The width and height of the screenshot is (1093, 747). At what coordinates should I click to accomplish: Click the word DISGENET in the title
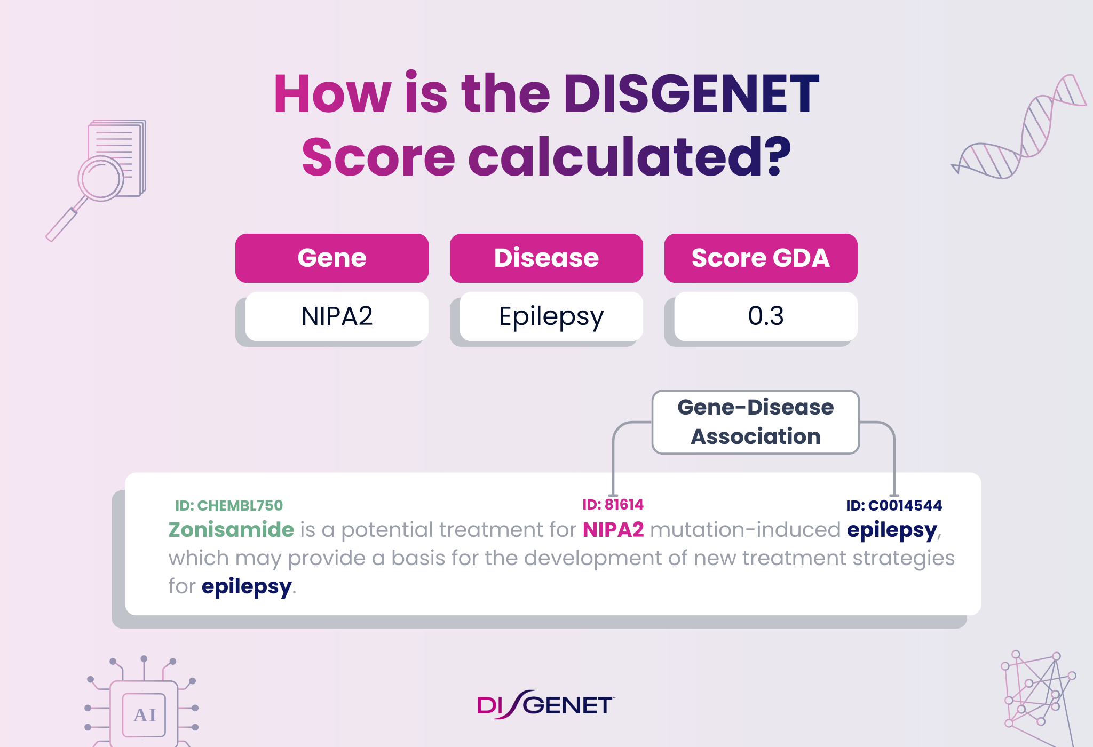pos(691,94)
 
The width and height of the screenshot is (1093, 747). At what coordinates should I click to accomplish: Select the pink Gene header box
pos(331,258)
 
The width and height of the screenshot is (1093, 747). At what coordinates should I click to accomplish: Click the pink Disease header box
pos(546,258)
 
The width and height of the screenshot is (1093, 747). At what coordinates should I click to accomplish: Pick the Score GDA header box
pos(761,258)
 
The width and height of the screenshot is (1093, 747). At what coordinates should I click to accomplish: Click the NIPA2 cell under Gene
pos(337,316)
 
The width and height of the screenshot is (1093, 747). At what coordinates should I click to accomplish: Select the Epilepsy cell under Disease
pos(551,316)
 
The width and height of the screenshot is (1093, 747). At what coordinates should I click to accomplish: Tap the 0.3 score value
pos(766,316)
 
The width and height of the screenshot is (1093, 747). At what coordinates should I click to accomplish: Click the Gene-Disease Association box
pos(755,422)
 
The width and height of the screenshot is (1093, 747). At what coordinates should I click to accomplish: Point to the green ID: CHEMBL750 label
pos(229,505)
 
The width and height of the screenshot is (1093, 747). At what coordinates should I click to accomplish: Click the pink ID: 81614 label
pos(613,505)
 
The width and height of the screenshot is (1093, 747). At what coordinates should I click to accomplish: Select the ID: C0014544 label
pos(894,505)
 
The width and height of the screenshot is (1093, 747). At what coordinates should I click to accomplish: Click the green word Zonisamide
pos(231,530)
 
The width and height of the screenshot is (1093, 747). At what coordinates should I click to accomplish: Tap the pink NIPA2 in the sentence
pos(613,530)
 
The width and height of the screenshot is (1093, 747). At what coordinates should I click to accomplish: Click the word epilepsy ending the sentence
pos(247,586)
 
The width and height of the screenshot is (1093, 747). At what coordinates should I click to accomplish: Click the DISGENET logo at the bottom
pos(545,705)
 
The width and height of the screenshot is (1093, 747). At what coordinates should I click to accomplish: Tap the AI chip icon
pos(144,714)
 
